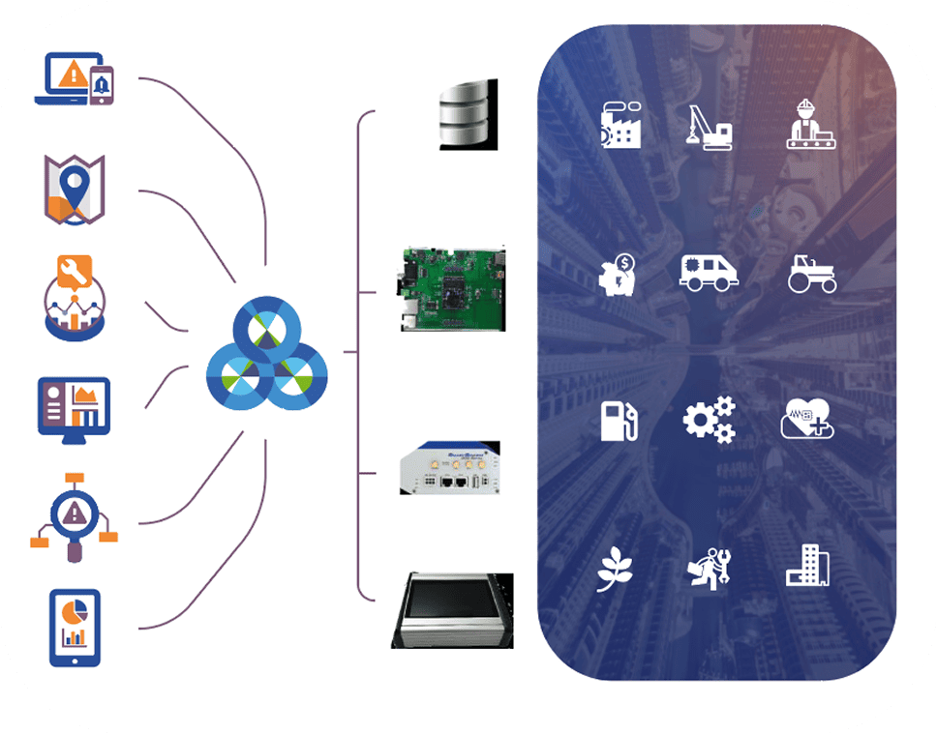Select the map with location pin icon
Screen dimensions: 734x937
pyautogui.click(x=75, y=188)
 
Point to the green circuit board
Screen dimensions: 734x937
pyautogui.click(x=451, y=287)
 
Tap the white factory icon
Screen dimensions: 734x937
pyautogui.click(x=620, y=124)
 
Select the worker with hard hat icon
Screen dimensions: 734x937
pyautogui.click(x=809, y=124)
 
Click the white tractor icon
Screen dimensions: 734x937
pyautogui.click(x=811, y=274)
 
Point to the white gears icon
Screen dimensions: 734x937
pyautogui.click(x=710, y=421)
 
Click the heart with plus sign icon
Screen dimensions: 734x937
pyautogui.click(x=808, y=421)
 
